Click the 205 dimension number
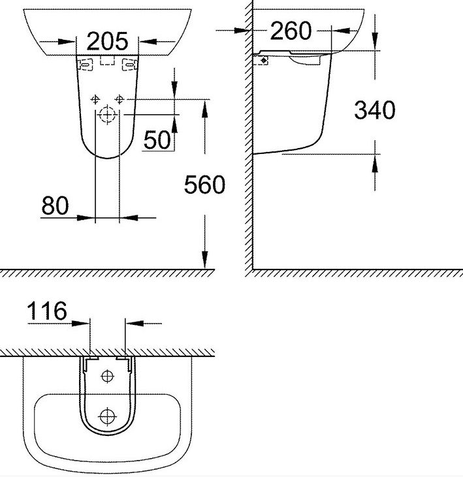pos(107,41)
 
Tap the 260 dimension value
pos(291,31)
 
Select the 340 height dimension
pos(375,110)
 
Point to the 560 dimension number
pos(204,185)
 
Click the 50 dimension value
pos(157,140)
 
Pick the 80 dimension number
pos(55,206)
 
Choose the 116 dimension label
pos(47,311)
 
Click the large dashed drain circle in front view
pos(106,115)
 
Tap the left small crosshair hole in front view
pos(95,99)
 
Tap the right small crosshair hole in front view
pos(119,99)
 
